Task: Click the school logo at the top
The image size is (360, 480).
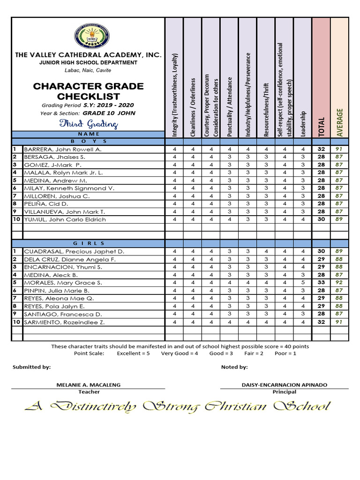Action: pyautogui.click(x=88, y=36)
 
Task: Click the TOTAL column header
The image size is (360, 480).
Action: pyautogui.click(x=321, y=127)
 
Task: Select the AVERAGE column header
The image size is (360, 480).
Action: pyautogui.click(x=339, y=122)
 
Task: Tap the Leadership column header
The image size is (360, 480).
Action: pyautogui.click(x=303, y=124)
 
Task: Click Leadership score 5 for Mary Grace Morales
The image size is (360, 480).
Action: pyautogui.click(x=303, y=283)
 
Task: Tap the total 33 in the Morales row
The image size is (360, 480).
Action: pyautogui.click(x=321, y=283)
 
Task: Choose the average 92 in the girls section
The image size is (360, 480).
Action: pyautogui.click(x=339, y=283)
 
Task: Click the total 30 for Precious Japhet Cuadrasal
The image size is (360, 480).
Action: pyautogui.click(x=321, y=252)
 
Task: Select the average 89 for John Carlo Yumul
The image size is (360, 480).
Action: pyautogui.click(x=339, y=219)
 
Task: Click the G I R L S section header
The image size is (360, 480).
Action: pyautogui.click(x=89, y=244)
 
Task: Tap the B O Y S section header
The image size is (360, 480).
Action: pyautogui.click(x=89, y=141)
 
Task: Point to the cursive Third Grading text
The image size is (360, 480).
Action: pyautogui.click(x=88, y=124)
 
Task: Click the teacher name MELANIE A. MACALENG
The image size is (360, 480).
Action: pyautogui.click(x=88, y=385)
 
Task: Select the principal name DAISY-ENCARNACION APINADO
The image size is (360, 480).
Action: pyautogui.click(x=284, y=385)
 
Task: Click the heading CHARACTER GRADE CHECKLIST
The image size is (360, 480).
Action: pyautogui.click(x=88, y=91)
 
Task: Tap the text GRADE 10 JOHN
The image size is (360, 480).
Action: pyautogui.click(x=109, y=113)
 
